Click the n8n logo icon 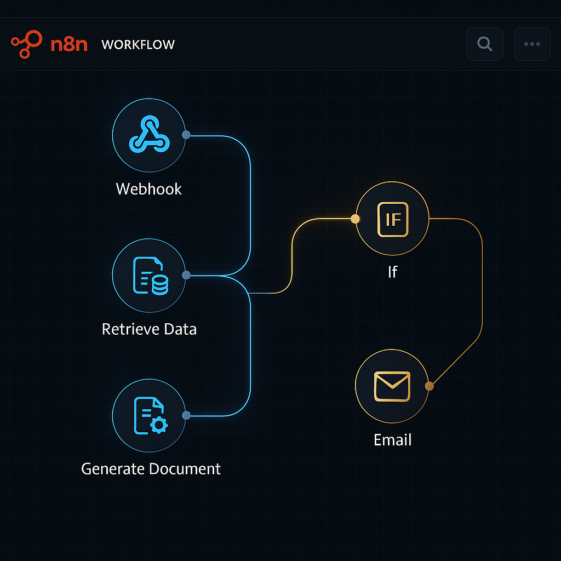[26, 44]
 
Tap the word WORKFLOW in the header [138, 45]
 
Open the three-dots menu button [532, 44]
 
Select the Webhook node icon [148, 135]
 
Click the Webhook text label [148, 189]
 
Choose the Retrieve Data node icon [148, 275]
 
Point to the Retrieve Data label [149, 329]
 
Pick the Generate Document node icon [148, 415]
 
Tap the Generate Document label [151, 469]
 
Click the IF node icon [392, 219]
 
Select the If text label [392, 272]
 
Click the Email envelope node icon [392, 386]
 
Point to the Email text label [392, 439]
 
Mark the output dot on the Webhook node [186, 135]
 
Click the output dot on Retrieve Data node [186, 275]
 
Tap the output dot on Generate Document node [186, 415]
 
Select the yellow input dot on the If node [355, 219]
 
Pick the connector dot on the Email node [430, 386]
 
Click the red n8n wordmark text [69, 45]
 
